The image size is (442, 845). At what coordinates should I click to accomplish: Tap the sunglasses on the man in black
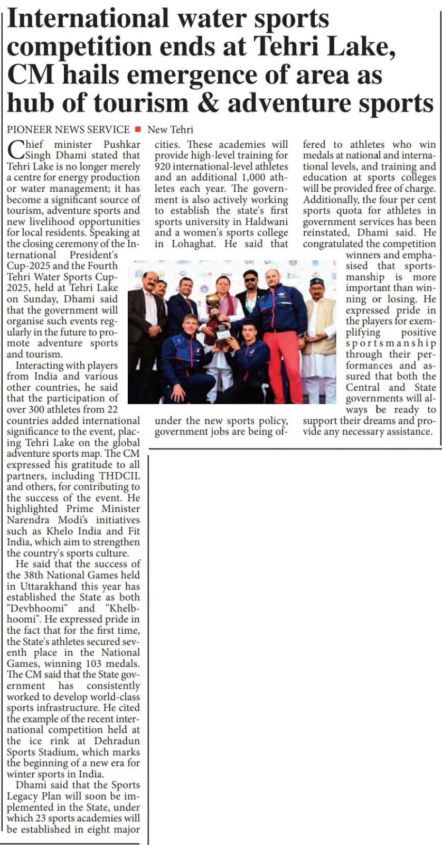coord(250,276)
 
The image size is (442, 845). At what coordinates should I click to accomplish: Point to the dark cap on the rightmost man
coord(316,281)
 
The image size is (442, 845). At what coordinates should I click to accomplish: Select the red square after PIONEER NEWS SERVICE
coord(138,129)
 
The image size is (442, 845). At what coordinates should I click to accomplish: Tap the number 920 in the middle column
coord(164,166)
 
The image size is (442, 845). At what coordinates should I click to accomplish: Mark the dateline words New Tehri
coord(170,129)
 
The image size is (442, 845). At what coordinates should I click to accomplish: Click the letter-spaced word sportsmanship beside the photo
coord(391,343)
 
